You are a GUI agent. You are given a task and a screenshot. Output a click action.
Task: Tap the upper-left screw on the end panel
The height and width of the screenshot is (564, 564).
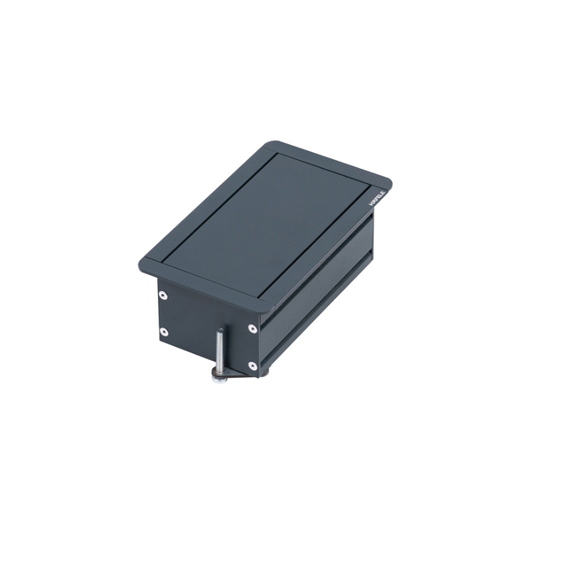point(163,295)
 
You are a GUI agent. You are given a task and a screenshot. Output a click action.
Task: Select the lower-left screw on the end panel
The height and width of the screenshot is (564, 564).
point(164,331)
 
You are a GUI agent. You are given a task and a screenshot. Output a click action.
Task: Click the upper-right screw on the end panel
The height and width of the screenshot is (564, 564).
point(252,327)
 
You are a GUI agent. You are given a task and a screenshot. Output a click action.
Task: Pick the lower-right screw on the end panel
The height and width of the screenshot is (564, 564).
point(252,364)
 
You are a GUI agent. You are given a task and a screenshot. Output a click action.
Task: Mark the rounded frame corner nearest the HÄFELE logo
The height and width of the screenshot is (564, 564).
point(387,177)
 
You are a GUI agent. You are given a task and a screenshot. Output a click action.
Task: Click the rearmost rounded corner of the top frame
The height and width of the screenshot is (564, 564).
point(271,145)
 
